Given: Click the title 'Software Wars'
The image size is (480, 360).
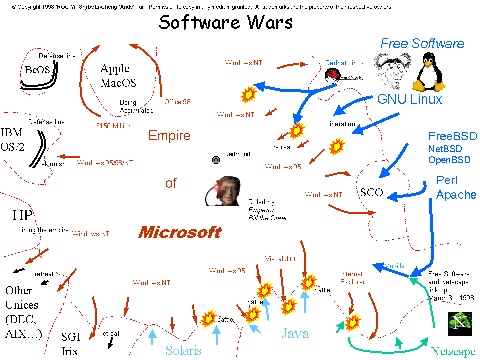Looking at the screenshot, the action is pos(226,22).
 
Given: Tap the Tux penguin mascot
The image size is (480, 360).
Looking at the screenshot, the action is pos(429,72).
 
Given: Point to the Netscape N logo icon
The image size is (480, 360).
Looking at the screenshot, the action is pos(460,324).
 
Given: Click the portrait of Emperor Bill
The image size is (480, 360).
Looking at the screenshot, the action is pos(223,191).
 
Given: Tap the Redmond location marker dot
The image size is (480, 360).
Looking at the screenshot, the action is pos(216,160).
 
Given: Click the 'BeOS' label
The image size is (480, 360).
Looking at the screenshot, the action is pos(37,70).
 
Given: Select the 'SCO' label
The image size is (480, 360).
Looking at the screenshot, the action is pos(371,192).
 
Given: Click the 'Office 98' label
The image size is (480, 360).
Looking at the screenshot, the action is pos(177,102).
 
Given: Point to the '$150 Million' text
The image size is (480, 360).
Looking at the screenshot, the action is pos(114,126).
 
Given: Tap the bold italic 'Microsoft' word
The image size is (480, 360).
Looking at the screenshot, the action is pos(180,232).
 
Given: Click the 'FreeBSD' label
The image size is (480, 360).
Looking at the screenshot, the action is pos(453,136).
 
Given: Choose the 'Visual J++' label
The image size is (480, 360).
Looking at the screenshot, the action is pos(281,259).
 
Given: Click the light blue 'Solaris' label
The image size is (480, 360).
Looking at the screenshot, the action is pos(183,350).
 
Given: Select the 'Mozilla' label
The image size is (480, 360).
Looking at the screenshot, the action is pos(394,266).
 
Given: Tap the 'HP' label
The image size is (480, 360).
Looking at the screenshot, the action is pos(22,215).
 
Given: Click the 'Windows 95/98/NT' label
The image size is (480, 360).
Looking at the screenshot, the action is pos(105,163).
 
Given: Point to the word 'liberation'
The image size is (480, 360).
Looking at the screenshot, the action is pos(342,124).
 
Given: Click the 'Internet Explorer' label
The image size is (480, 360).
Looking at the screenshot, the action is pos(352,278).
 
